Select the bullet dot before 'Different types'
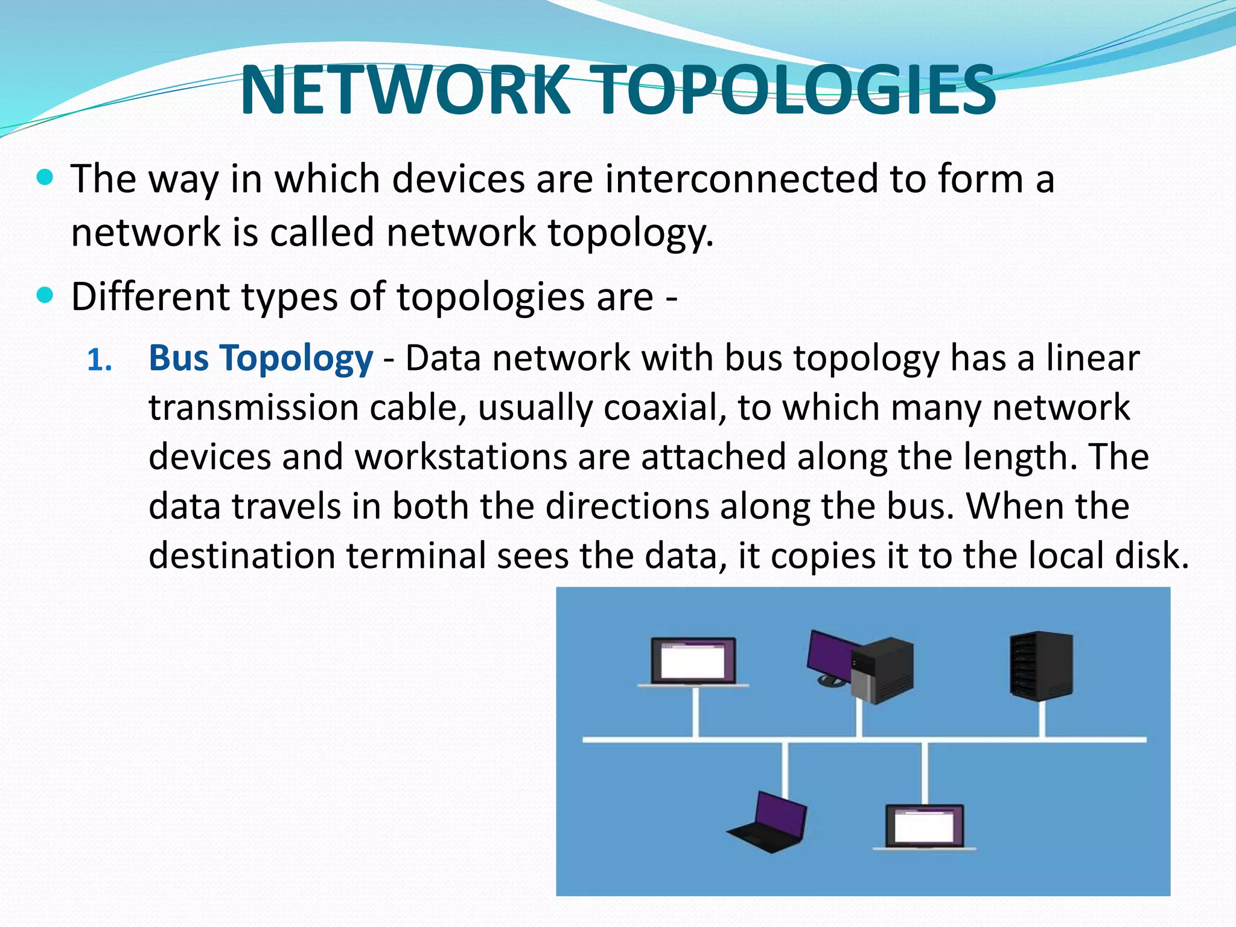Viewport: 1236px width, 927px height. (x=45, y=296)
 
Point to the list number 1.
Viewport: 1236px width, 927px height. (x=100, y=360)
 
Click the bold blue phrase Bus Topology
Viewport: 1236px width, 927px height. (x=261, y=358)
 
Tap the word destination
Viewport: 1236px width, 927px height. (x=241, y=556)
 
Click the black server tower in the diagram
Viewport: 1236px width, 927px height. (x=1041, y=666)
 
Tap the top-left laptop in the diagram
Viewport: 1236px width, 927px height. (x=693, y=662)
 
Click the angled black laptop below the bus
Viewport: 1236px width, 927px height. (x=770, y=822)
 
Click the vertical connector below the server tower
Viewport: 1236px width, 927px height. (x=1042, y=719)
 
